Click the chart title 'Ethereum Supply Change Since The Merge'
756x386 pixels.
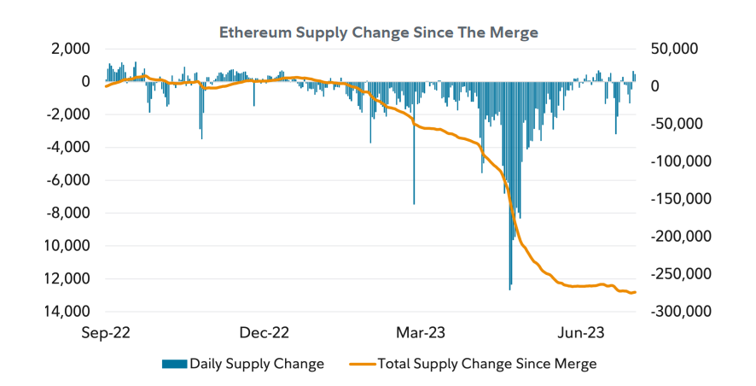click(379, 32)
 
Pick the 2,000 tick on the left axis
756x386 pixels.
click(71, 49)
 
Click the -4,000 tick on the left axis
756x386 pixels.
click(69, 147)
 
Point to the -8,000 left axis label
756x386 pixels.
click(69, 213)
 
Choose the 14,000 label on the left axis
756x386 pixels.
click(69, 312)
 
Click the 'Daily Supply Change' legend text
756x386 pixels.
click(257, 364)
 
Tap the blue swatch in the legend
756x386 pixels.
click(174, 364)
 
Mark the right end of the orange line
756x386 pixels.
click(635, 293)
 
